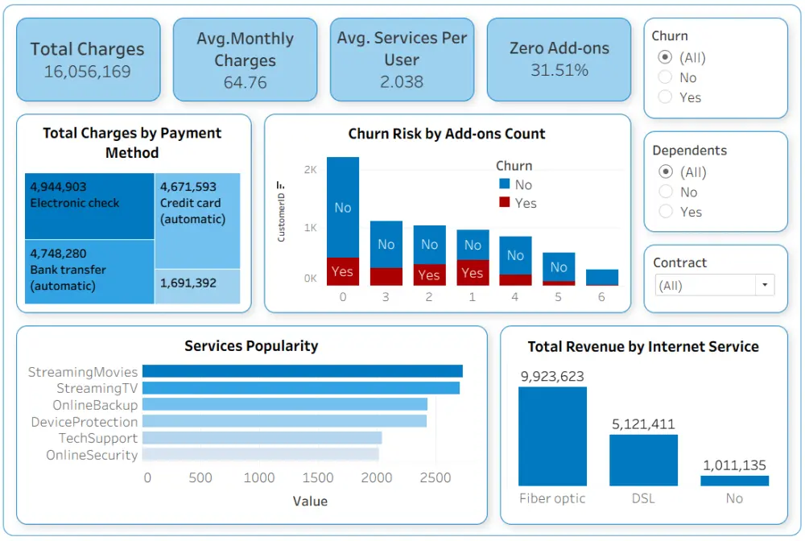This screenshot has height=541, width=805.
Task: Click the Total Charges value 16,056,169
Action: click(88, 72)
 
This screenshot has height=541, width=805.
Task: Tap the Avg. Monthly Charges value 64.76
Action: click(245, 82)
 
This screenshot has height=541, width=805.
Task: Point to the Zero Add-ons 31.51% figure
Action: click(559, 70)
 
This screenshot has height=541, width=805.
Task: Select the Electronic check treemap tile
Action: click(89, 206)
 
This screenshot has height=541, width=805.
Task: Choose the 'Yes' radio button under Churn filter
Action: click(665, 97)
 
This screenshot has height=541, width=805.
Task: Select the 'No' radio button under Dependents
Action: click(665, 192)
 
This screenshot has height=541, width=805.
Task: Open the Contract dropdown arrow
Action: click(764, 285)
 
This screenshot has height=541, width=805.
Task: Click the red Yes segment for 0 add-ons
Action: click(342, 271)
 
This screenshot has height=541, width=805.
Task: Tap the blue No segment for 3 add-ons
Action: click(386, 244)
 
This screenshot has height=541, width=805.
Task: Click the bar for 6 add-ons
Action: click(601, 277)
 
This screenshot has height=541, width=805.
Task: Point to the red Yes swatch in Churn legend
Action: click(505, 203)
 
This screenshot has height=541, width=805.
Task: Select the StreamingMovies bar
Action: click(303, 371)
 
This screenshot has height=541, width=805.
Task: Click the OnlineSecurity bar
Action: click(261, 455)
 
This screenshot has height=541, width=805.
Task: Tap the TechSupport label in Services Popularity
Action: click(97, 438)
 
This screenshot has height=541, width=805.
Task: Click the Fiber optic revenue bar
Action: click(552, 436)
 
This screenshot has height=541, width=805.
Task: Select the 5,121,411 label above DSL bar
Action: click(643, 424)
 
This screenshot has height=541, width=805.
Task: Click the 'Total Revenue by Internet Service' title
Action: click(643, 347)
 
